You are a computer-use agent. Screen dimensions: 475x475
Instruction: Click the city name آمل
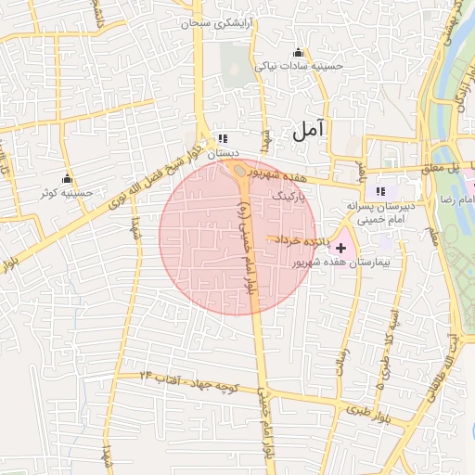click(x=310, y=131)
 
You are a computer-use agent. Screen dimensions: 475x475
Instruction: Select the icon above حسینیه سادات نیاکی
click(x=298, y=52)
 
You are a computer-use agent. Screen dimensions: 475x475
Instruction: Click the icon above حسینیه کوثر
click(x=66, y=178)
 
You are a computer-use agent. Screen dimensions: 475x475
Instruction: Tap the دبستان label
click(x=224, y=153)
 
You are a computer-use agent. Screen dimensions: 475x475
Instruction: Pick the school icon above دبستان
click(x=223, y=138)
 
